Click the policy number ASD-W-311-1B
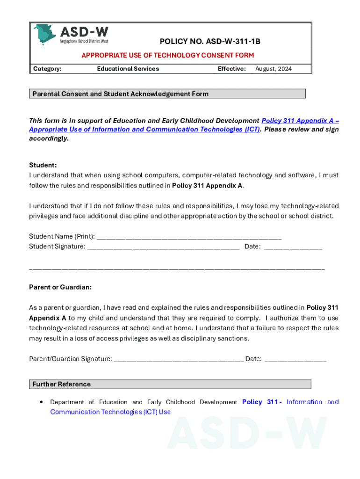click(x=210, y=42)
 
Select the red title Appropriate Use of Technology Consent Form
click(x=167, y=55)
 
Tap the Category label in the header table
click(x=47, y=69)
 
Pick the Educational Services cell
click(x=128, y=69)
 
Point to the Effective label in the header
click(x=231, y=69)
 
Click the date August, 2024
click(x=273, y=69)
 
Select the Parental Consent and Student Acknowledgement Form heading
click(x=121, y=94)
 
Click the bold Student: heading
click(x=43, y=165)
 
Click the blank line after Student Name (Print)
click(x=189, y=236)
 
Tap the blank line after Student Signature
click(x=163, y=247)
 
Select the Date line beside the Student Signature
click(x=293, y=247)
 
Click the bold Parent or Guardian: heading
click(x=60, y=287)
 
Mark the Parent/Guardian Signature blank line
click(x=178, y=359)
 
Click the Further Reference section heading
click(x=62, y=385)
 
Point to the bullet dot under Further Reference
click(x=42, y=402)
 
